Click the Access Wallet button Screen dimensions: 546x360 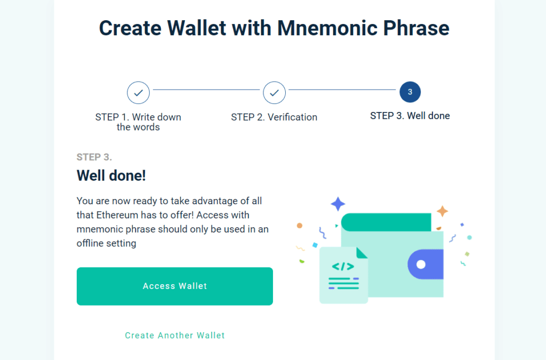[x=175, y=286]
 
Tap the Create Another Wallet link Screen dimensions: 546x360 [x=175, y=335]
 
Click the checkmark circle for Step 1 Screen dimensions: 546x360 [x=138, y=93]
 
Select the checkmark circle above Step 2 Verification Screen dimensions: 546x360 [x=275, y=93]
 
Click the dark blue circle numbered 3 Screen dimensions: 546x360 [x=410, y=92]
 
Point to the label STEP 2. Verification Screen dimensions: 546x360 [x=274, y=117]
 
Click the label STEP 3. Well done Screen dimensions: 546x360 [x=410, y=116]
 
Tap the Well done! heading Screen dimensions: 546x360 [x=111, y=175]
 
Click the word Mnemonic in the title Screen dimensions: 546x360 [x=327, y=28]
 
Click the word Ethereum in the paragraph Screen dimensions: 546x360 [x=117, y=215]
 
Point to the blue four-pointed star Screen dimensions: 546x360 [x=338, y=204]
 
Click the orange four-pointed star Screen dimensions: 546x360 [x=443, y=211]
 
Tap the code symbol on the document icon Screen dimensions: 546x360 [x=343, y=267]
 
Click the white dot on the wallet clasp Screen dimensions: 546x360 [x=421, y=265]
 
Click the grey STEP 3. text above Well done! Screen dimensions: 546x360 [x=94, y=157]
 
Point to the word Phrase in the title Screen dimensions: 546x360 [x=416, y=28]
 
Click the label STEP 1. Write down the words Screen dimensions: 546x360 [x=138, y=122]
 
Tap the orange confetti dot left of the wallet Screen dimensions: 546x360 [x=300, y=226]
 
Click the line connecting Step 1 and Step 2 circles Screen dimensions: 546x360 [x=206, y=90]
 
